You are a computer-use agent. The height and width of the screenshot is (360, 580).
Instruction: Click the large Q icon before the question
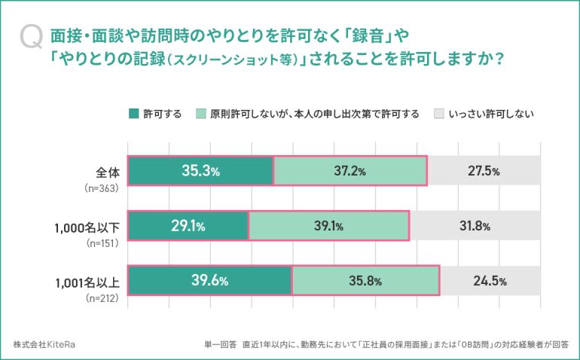pyautogui.click(x=32, y=37)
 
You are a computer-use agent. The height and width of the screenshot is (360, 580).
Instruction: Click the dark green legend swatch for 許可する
pyautogui.click(x=135, y=114)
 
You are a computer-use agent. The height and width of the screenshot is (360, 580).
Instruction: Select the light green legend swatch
pyautogui.click(x=201, y=114)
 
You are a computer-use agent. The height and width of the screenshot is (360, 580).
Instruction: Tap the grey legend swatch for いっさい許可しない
pyautogui.click(x=439, y=114)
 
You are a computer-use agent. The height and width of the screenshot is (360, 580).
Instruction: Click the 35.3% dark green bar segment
pyautogui.click(x=200, y=171)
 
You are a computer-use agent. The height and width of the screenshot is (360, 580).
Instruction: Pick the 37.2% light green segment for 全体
pyautogui.click(x=350, y=171)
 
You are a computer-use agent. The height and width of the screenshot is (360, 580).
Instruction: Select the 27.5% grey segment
pyautogui.click(x=484, y=171)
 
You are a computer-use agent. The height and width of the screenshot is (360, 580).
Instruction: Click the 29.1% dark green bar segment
pyautogui.click(x=188, y=226)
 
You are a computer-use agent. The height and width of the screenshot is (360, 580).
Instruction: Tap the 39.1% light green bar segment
pyautogui.click(x=328, y=226)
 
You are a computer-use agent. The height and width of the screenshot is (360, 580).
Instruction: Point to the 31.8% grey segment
pyautogui.click(x=475, y=226)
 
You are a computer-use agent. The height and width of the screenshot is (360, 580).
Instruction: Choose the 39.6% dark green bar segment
pyautogui.click(x=209, y=281)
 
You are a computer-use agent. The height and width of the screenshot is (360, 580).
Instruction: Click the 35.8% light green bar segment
pyautogui.click(x=365, y=281)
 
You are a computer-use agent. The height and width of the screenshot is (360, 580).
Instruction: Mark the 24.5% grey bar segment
pyautogui.click(x=490, y=281)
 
